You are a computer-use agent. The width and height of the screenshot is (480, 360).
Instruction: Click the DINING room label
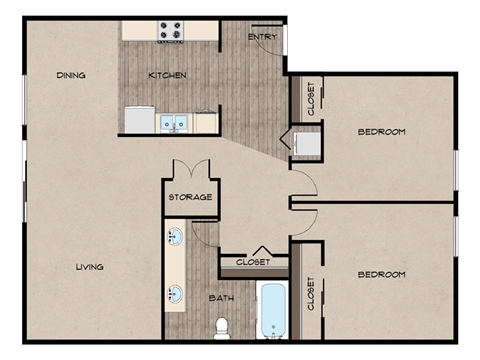tap(71, 75)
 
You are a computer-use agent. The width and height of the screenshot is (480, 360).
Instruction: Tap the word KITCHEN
tap(167, 75)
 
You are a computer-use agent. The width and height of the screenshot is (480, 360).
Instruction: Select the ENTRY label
tap(262, 38)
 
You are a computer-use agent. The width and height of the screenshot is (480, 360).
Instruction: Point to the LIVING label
tap(89, 266)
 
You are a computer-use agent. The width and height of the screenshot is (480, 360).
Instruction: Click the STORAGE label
tap(190, 197)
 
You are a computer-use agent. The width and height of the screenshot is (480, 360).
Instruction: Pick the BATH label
tap(222, 298)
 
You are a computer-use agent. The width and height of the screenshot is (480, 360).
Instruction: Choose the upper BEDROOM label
tap(381, 132)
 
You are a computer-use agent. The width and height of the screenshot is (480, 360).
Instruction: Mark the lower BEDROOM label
tap(381, 274)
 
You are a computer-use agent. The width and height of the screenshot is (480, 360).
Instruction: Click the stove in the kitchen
tap(170, 32)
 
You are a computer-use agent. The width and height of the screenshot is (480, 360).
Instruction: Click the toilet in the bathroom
tap(223, 326)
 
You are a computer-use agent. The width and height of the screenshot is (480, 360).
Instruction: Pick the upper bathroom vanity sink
tap(175, 238)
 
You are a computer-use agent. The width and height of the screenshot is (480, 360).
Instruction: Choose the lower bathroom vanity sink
tap(175, 294)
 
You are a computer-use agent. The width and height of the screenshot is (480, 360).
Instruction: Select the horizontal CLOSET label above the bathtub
tap(253, 262)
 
